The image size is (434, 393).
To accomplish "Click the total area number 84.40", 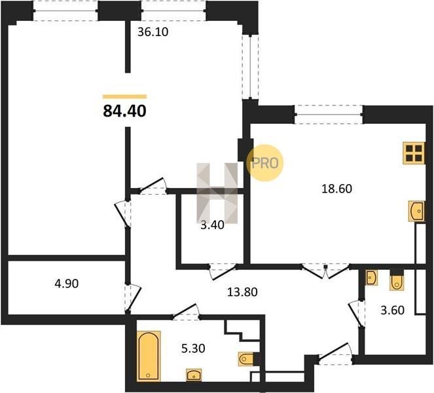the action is pos(124,111).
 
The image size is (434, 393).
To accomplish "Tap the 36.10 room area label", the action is pos(153,32).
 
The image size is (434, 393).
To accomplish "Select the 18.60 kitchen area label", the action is pos(336,189).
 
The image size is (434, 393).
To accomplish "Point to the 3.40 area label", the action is pos(212,225).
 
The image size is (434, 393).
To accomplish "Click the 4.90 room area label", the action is pos(66,284).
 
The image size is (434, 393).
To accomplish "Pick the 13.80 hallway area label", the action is pos(242,291).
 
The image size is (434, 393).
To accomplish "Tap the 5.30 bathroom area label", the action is pos(193,348).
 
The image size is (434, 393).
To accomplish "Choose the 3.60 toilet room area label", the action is pos(393,310).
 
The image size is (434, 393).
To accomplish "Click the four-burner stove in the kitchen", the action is pos(414,153).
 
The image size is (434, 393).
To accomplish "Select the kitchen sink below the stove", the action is pos(416,211).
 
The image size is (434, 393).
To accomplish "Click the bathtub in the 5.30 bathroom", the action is pos(149,356).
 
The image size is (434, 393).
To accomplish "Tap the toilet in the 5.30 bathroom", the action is pos(245,359).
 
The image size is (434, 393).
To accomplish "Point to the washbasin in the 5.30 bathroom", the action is pos(194,375).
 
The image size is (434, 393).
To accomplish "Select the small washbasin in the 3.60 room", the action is pos(371,278).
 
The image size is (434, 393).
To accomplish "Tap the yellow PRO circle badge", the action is pos(265,163).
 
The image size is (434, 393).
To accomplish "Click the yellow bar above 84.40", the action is pos(124,97).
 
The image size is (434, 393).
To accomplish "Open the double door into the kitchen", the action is pos(325,271).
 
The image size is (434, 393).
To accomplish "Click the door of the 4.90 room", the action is pos(133,298).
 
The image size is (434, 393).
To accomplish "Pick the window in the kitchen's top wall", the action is pos(329,115).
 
